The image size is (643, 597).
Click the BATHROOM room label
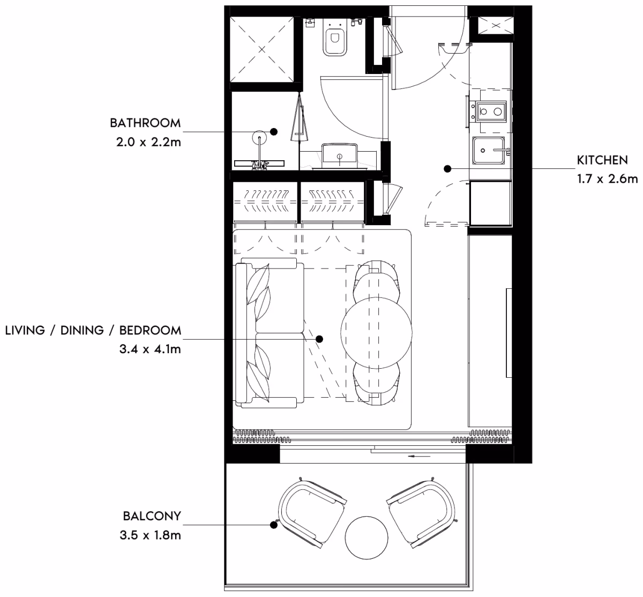[x=145, y=123]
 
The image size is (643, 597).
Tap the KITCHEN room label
[x=602, y=160]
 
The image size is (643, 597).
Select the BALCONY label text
[x=152, y=516]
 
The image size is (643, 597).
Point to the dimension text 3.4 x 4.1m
[x=150, y=349]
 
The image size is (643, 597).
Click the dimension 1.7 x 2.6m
[x=608, y=179]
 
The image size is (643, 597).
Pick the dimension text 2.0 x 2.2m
[x=148, y=142]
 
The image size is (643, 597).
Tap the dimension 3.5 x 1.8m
[x=150, y=535]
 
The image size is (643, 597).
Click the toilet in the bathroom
[x=335, y=38]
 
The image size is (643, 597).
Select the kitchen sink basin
[x=489, y=150]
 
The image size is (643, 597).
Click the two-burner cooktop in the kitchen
[x=491, y=111]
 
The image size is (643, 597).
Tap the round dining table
[x=376, y=333]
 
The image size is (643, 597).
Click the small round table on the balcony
[x=367, y=538]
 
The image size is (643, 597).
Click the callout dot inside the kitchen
[x=447, y=169]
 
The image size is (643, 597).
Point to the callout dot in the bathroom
[x=274, y=132]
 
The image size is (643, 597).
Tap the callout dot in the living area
[x=319, y=339]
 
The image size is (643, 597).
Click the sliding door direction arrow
[x=419, y=457]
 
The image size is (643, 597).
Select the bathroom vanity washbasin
[x=339, y=156]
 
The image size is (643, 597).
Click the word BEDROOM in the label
[x=150, y=331]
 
